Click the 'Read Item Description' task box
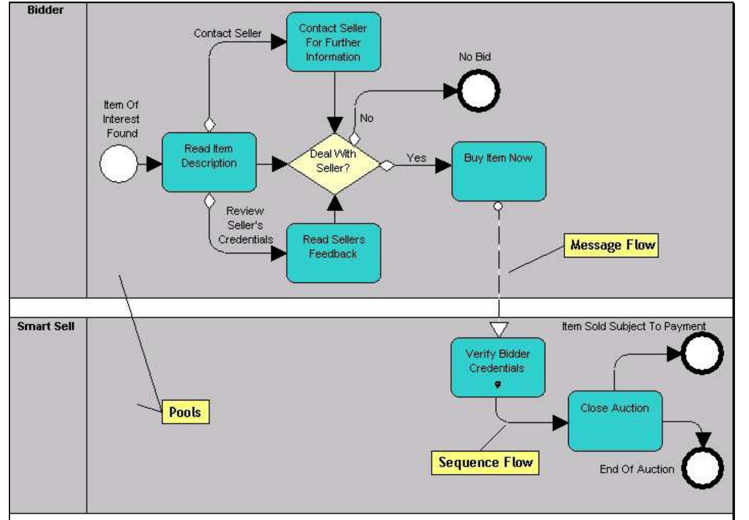click(209, 162)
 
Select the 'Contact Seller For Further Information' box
click(333, 42)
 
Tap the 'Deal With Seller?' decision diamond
click(333, 163)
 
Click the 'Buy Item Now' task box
click(498, 171)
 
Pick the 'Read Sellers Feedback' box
click(333, 253)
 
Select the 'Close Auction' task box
click(614, 421)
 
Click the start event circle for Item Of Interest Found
click(118, 164)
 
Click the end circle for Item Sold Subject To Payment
click(702, 353)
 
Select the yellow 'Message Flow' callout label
click(611, 245)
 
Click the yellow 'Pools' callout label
click(185, 412)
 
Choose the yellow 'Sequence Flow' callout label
click(485, 463)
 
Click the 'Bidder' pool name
click(45, 10)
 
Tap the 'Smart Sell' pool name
click(45, 326)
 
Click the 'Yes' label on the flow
click(416, 158)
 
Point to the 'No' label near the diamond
click(366, 118)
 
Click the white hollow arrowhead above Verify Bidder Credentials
click(499, 329)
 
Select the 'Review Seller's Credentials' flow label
click(245, 225)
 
